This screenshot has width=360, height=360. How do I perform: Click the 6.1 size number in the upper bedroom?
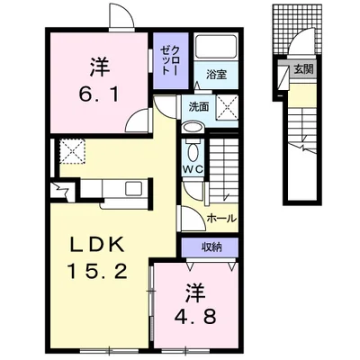(x=99, y=94)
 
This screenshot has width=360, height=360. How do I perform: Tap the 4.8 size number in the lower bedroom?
(x=195, y=316)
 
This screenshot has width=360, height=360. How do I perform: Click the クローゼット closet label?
(x=170, y=60)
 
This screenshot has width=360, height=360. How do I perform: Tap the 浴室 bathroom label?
(x=216, y=75)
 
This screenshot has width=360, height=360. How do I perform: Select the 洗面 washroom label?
(x=199, y=107)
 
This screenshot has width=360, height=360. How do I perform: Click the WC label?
(x=193, y=169)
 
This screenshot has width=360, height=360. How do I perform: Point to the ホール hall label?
(x=222, y=218)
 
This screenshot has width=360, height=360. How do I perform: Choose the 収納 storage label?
(x=211, y=247)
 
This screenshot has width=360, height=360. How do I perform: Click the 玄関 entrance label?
(x=303, y=69)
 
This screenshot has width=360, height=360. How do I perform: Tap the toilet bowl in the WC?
(x=193, y=151)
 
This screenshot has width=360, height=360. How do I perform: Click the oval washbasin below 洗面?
(x=193, y=128)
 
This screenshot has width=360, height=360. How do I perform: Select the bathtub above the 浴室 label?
(x=216, y=47)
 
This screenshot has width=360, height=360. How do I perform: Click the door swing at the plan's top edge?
(x=121, y=15)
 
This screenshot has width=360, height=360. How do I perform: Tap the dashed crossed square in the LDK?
(x=72, y=151)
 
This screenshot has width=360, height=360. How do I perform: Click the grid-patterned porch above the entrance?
(x=298, y=29)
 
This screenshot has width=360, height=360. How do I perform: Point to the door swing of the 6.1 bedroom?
(x=138, y=120)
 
